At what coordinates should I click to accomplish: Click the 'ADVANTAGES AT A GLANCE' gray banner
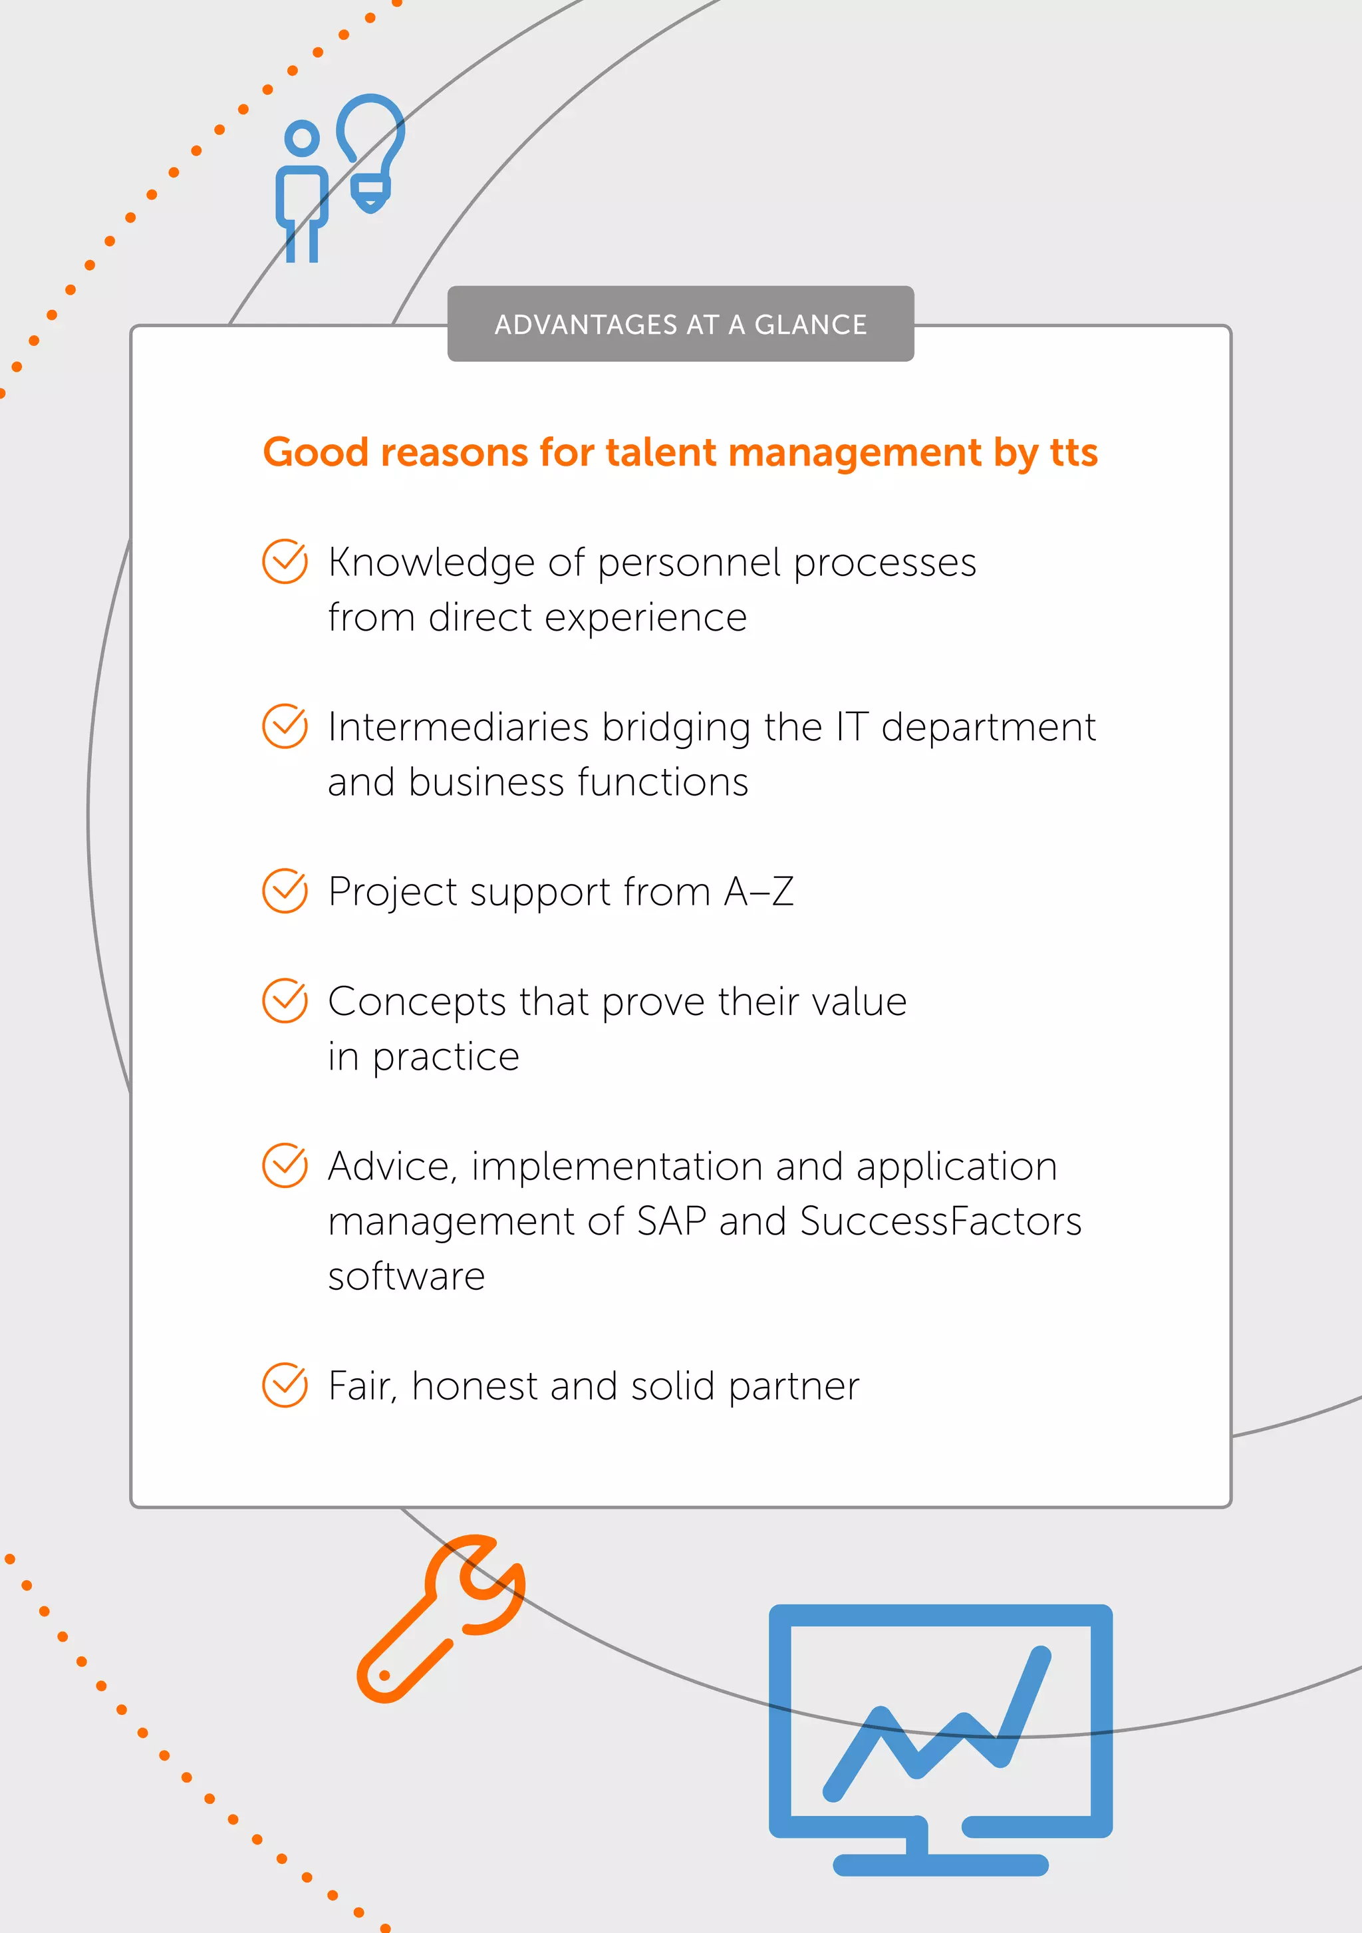680,324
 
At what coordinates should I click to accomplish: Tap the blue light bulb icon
371,152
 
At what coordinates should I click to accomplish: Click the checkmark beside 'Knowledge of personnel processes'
285,561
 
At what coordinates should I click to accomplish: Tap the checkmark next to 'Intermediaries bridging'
285,726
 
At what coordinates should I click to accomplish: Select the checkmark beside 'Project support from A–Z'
285,891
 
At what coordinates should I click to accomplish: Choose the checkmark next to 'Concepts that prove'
285,1001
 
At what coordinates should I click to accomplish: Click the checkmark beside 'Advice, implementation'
285,1165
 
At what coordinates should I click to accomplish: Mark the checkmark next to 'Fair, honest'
285,1385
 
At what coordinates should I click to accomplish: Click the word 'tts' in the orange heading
1073,453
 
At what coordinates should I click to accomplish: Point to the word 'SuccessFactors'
940,1221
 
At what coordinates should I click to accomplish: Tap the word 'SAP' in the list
671,1221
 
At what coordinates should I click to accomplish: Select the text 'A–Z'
758,891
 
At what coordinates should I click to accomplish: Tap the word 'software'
406,1276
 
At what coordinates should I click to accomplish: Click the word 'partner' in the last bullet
794,1387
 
